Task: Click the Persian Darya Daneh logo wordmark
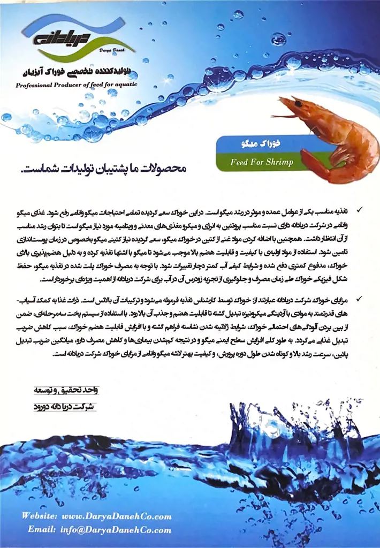54,41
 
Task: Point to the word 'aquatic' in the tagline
123,85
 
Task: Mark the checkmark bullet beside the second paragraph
359,297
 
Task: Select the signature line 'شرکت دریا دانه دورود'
64,406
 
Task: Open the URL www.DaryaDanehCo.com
117,516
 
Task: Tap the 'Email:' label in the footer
42,530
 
